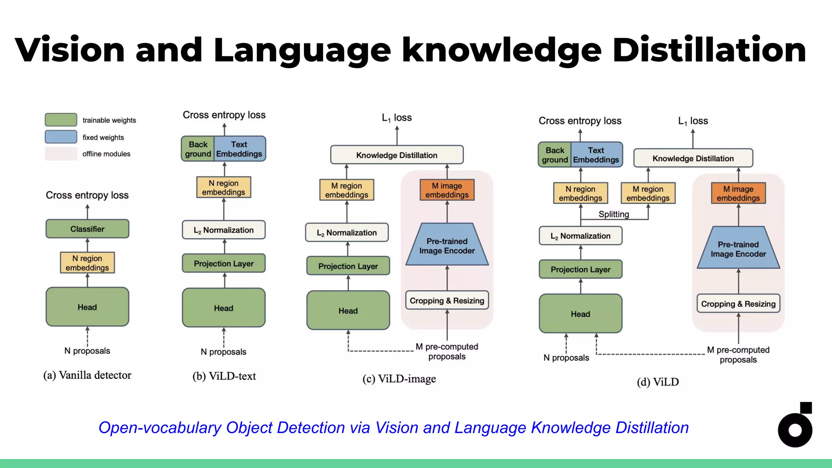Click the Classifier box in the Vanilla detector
point(87,229)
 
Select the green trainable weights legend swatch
point(61,120)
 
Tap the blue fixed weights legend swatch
point(61,137)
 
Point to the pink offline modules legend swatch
point(61,154)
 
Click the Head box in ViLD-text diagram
point(223,308)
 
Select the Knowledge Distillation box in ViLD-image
point(396,155)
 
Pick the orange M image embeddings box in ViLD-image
point(447,190)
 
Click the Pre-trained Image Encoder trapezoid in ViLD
point(738,249)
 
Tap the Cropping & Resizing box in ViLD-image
point(447,301)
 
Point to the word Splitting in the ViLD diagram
point(613,214)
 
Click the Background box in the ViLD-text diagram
point(198,149)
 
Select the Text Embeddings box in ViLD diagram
point(596,155)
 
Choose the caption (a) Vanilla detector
point(87,375)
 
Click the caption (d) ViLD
point(658,382)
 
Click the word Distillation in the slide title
point(709,50)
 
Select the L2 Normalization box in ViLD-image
point(347,233)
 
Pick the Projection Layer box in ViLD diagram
point(581,269)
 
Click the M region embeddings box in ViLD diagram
point(648,193)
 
